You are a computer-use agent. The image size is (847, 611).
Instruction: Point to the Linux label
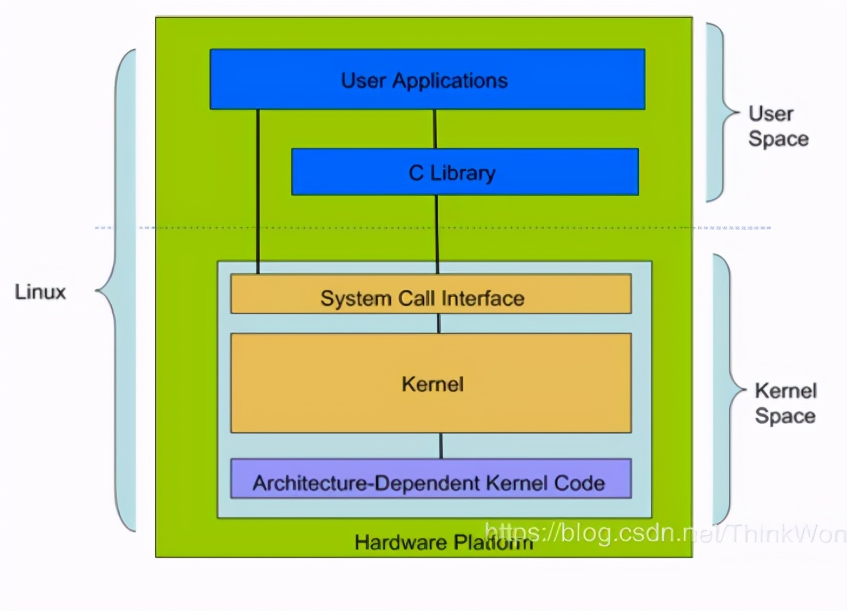tap(41, 292)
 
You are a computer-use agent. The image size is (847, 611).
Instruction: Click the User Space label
tap(778, 126)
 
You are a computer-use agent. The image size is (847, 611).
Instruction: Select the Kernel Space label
tap(785, 403)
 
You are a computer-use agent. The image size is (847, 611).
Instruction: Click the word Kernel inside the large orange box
tap(433, 384)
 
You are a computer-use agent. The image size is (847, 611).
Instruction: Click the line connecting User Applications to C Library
tap(435, 129)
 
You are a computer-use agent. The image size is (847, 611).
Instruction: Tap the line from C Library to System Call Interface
tap(437, 234)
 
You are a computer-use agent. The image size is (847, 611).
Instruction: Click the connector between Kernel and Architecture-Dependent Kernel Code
tap(440, 446)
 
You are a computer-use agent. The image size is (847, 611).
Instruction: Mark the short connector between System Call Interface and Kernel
tap(439, 323)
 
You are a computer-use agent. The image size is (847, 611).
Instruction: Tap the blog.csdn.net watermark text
tap(665, 533)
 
